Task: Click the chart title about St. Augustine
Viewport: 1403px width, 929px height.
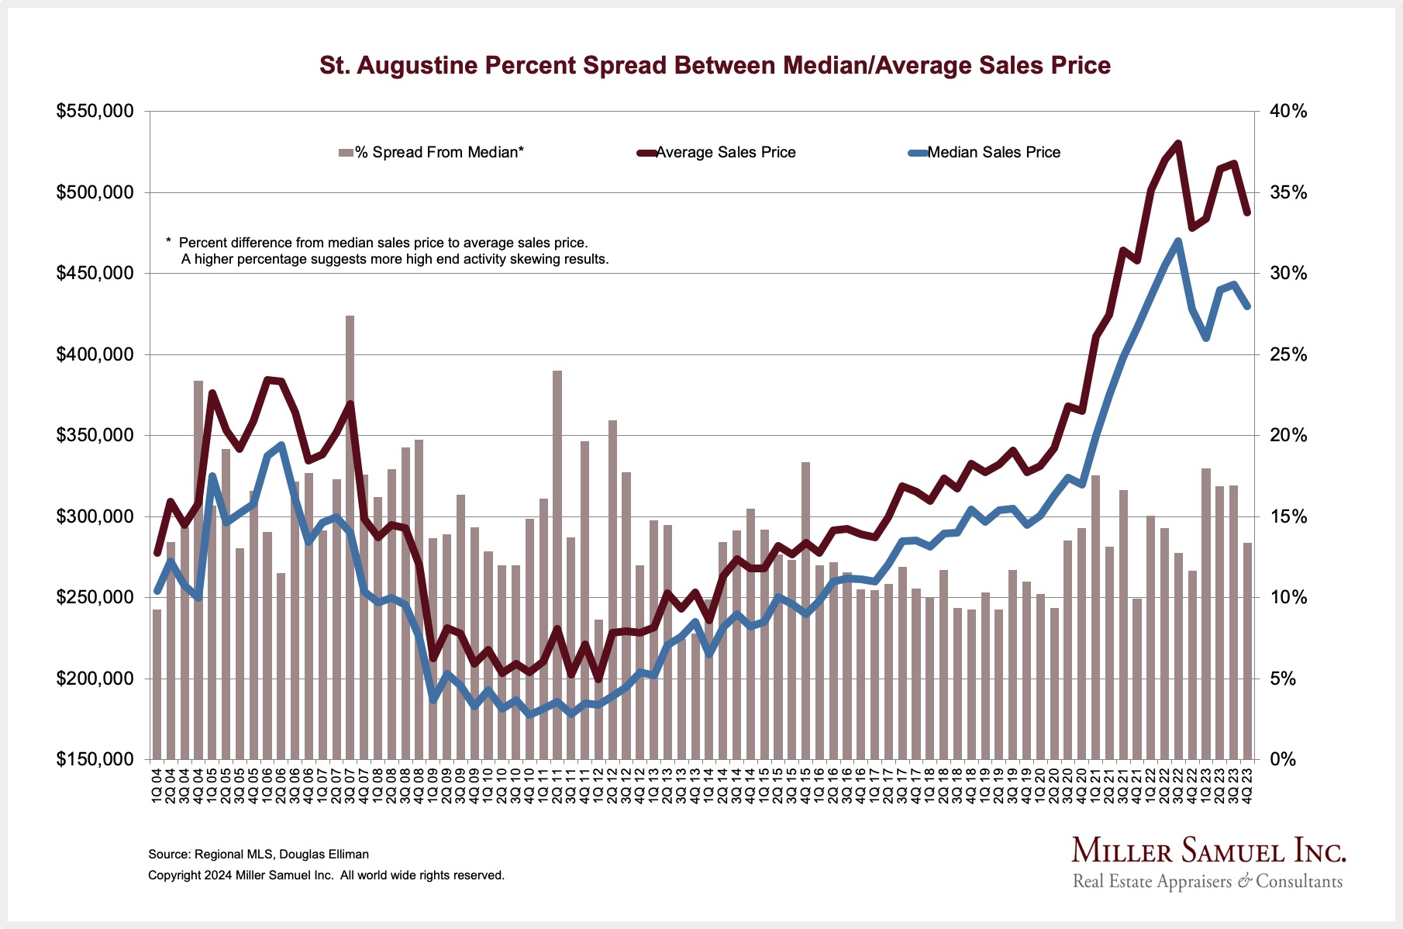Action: (x=715, y=65)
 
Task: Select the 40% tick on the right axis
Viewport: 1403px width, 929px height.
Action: (x=1288, y=112)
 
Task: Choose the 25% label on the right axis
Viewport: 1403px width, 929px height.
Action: (x=1288, y=354)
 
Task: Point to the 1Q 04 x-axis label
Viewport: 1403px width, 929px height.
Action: (x=157, y=784)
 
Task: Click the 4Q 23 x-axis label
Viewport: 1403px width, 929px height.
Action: (x=1247, y=784)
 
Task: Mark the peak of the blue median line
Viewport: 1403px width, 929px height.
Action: (x=1178, y=241)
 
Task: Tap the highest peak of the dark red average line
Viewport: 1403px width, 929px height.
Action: (x=1178, y=143)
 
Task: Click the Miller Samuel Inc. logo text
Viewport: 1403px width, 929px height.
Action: (x=1208, y=851)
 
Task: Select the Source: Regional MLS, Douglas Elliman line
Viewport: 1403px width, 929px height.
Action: (x=258, y=855)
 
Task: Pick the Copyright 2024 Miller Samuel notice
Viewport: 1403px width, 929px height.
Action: (x=326, y=875)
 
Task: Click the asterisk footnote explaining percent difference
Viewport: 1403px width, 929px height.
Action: (x=387, y=251)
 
